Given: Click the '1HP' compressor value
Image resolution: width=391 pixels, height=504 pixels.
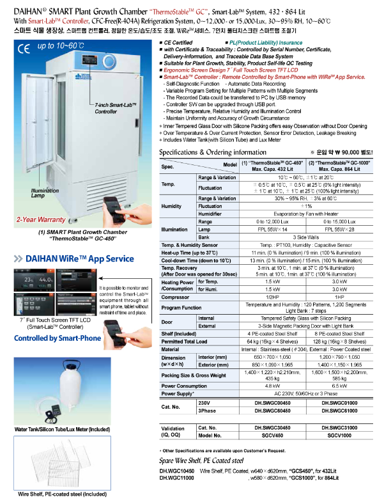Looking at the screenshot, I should click(x=339, y=296).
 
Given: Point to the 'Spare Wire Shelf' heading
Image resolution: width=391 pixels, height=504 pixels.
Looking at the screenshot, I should click(x=201, y=459).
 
